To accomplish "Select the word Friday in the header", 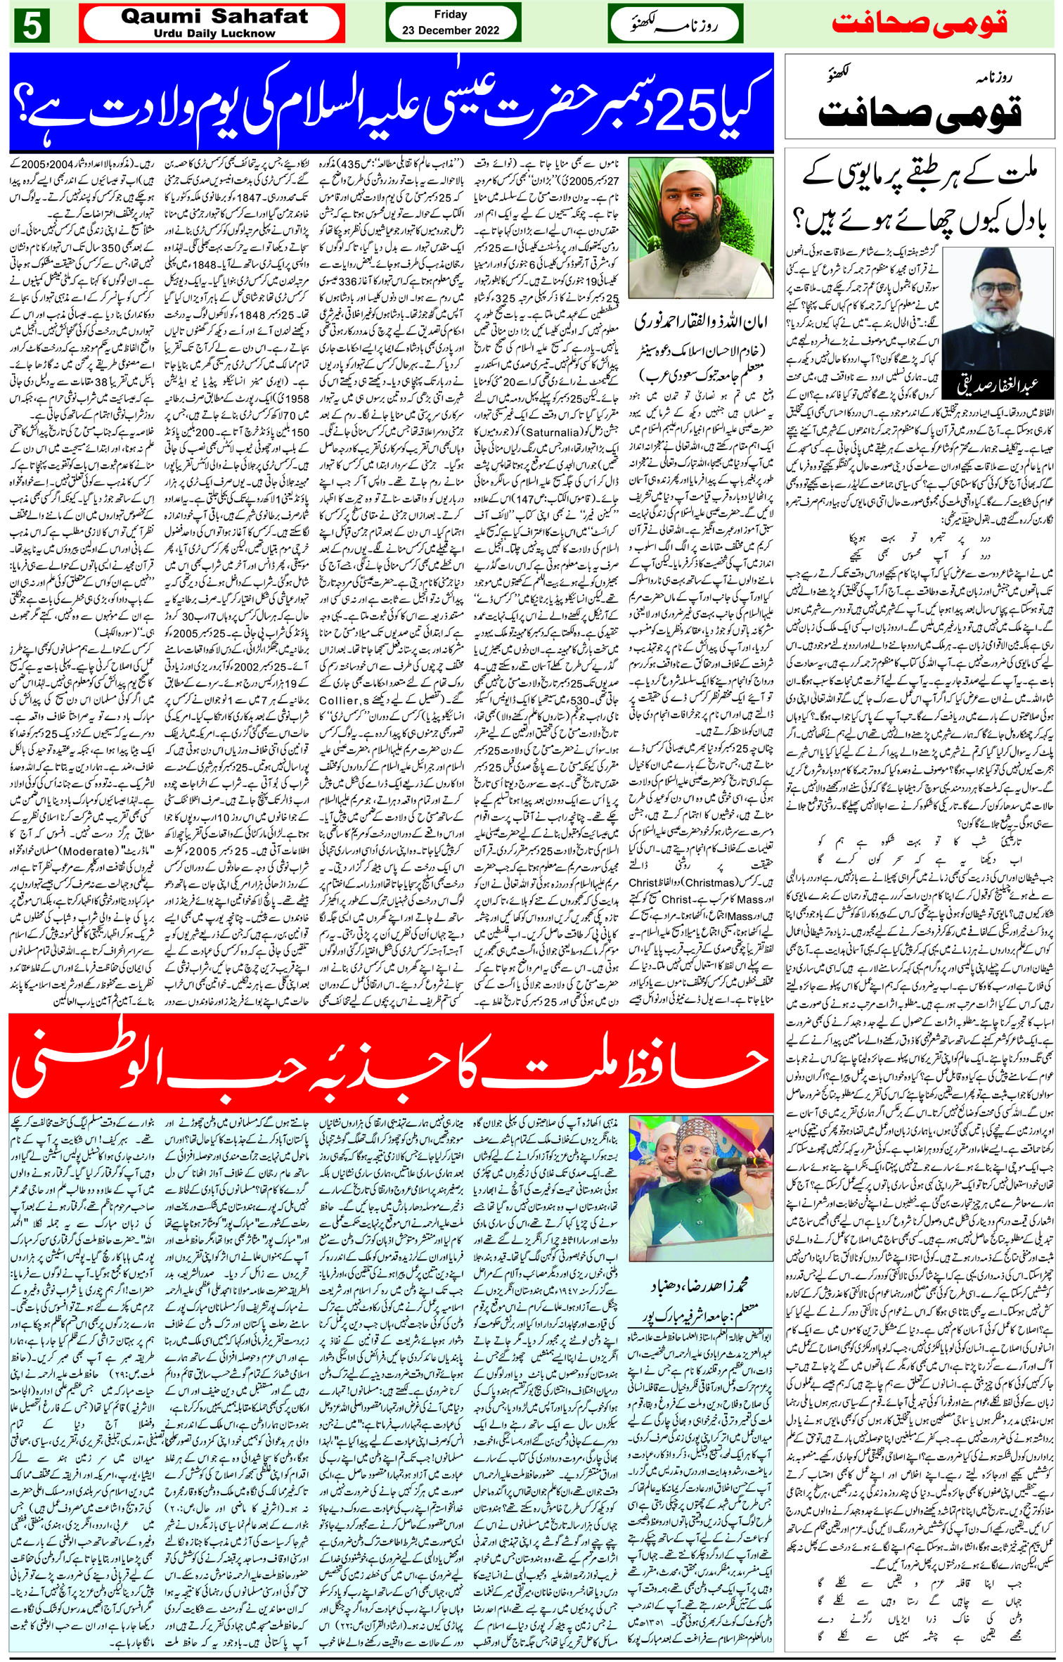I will pyautogui.click(x=451, y=14).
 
